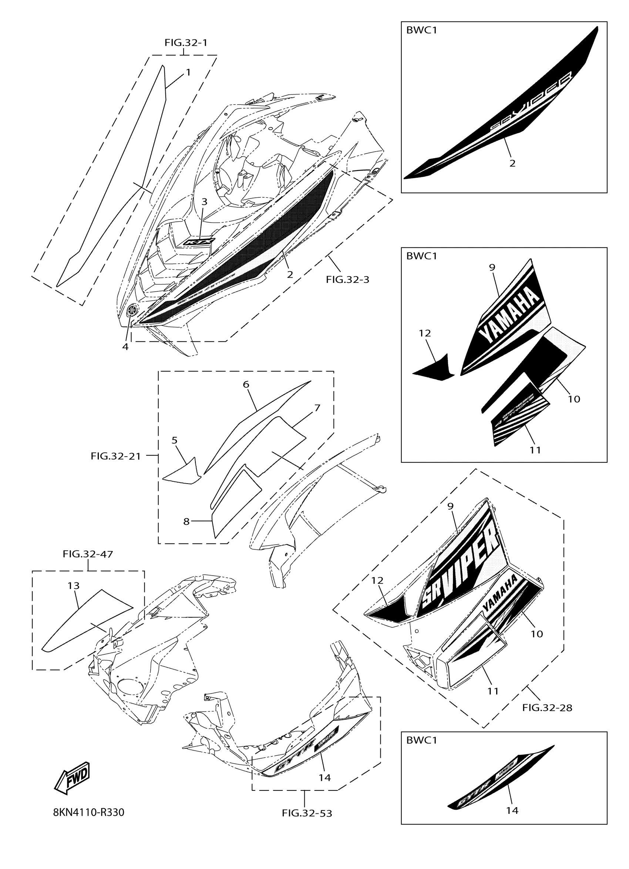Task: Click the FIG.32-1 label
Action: [186, 43]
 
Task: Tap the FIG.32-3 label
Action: [347, 279]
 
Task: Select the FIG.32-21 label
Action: [115, 456]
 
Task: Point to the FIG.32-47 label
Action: [88, 554]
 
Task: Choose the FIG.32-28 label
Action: [547, 708]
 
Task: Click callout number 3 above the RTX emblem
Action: [205, 201]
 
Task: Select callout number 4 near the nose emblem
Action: [125, 346]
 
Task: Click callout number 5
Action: [175, 440]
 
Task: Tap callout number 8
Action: [186, 521]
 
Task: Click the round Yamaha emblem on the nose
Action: [132, 310]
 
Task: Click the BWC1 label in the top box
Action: [421, 30]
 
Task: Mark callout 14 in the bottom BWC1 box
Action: [512, 810]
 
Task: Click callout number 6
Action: [246, 384]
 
